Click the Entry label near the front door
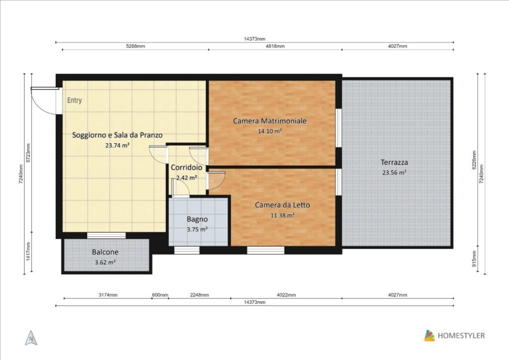click(x=75, y=100)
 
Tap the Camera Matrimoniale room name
click(x=270, y=121)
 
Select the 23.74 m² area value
click(x=117, y=145)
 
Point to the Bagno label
click(x=197, y=219)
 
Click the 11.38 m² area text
click(x=282, y=215)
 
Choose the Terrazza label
click(x=394, y=162)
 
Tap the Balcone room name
click(x=105, y=252)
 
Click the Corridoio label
click(x=186, y=168)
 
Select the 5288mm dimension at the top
click(x=135, y=46)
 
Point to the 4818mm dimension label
click(x=275, y=46)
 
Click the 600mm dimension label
click(x=160, y=295)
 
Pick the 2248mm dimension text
click(x=199, y=295)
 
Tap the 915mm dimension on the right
click(x=474, y=259)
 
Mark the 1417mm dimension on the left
click(x=28, y=252)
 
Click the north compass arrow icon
click(x=31, y=338)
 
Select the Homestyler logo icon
click(x=429, y=336)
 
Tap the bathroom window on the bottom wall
click(x=187, y=250)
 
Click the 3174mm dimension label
click(x=108, y=295)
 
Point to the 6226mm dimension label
click(x=474, y=160)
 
